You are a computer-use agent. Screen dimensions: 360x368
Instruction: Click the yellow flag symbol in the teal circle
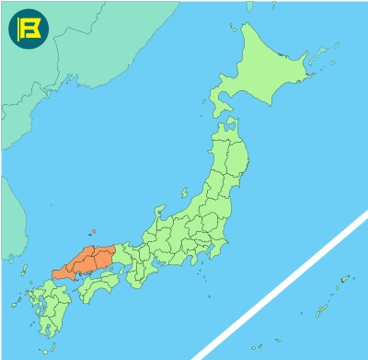coord(29,29)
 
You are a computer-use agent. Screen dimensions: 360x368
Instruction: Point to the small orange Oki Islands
coord(94,232)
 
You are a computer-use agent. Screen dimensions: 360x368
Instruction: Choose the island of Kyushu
coord(51,308)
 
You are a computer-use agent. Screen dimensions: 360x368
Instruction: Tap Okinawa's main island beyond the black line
coord(318,311)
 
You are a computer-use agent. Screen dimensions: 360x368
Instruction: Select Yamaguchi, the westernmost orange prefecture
coord(64,273)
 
